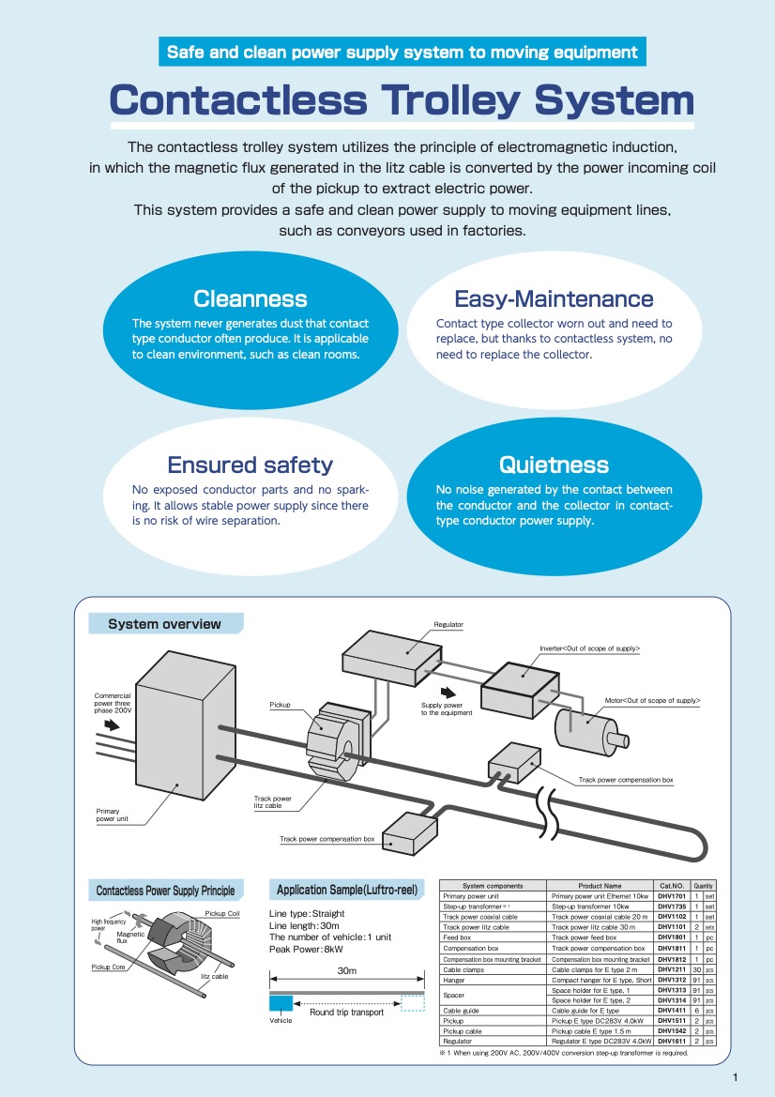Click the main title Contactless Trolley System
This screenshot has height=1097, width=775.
click(402, 99)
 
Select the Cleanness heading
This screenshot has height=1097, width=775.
click(250, 299)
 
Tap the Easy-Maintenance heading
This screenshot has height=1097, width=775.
click(554, 299)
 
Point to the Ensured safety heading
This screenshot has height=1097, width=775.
click(250, 465)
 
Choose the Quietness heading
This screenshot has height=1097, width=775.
click(554, 465)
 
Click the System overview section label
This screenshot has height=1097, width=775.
click(165, 624)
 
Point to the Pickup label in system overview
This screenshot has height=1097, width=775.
click(280, 705)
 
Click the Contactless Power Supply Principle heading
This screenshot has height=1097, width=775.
click(165, 890)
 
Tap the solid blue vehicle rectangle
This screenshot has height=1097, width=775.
click(281, 1003)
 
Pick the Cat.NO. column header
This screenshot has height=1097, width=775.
click(672, 886)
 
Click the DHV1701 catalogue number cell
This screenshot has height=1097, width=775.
click(672, 896)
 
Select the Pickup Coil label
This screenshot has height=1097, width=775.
click(221, 913)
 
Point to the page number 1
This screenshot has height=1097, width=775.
click(736, 1077)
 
